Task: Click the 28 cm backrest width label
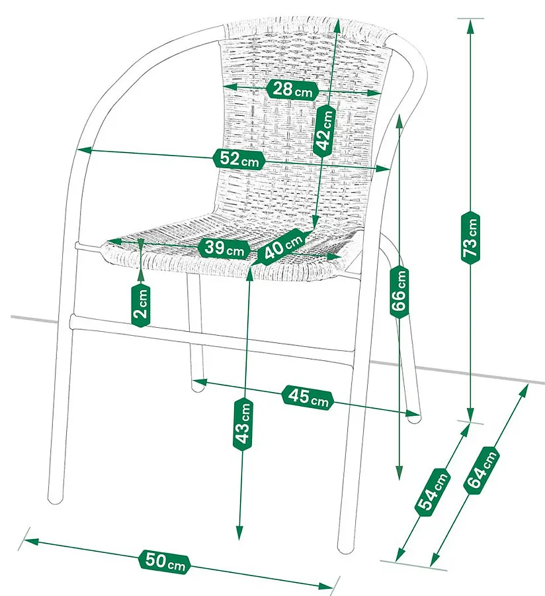(292, 90)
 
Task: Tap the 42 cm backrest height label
(325, 130)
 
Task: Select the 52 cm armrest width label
(238, 159)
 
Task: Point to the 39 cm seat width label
(224, 249)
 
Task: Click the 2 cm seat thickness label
(141, 305)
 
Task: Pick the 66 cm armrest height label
(399, 292)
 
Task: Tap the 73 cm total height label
(471, 237)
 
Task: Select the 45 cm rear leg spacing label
(308, 397)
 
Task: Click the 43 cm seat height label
(243, 424)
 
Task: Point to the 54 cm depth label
(433, 493)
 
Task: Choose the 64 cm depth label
(480, 470)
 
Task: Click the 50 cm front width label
(164, 561)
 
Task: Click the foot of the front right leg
(345, 548)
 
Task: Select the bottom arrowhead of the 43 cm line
(239, 533)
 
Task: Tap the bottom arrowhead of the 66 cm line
(399, 473)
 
